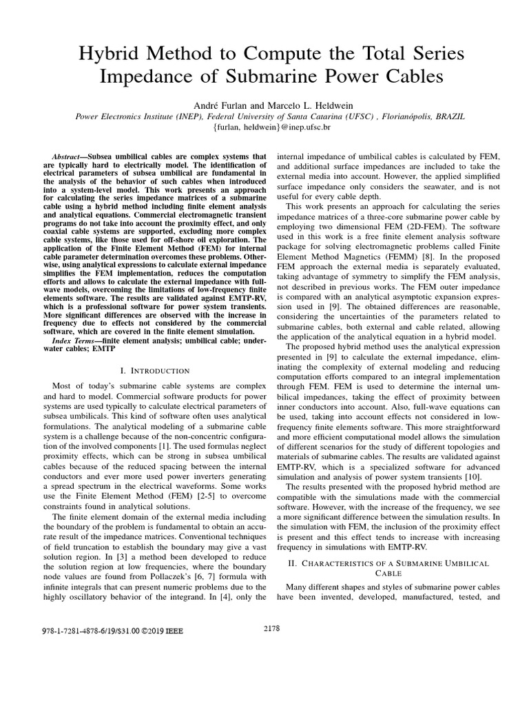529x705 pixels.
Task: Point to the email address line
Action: pos(264,127)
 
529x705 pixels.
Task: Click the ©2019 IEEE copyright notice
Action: pos(162,630)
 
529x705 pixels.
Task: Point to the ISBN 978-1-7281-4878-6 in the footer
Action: pos(66,630)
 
